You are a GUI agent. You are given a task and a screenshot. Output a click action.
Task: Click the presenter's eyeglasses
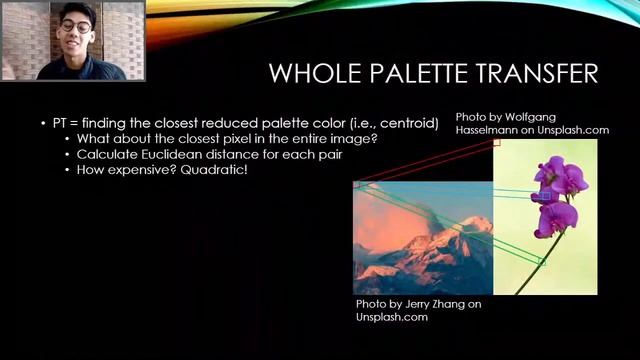pos(76,27)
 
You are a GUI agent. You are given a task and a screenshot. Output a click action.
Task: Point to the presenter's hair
pos(76,10)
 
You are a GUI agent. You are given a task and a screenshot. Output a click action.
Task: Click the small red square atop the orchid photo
pos(495,143)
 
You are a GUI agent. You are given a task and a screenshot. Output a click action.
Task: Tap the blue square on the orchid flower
pos(542,197)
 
